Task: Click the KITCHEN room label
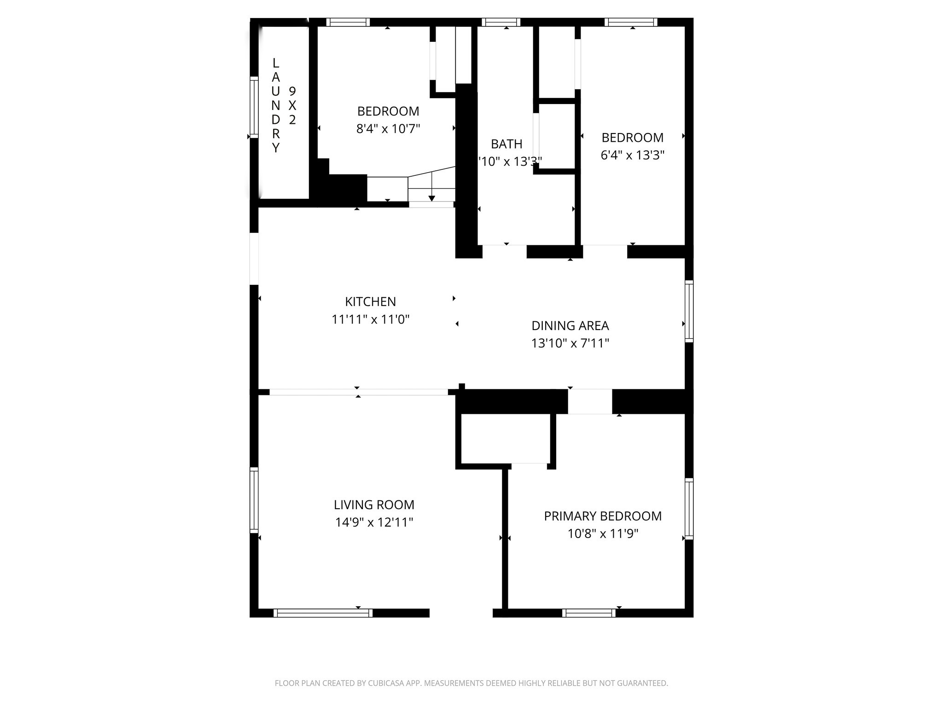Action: (370, 301)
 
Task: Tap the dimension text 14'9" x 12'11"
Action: (374, 522)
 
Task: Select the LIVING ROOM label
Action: (374, 504)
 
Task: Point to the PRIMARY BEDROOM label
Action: (603, 516)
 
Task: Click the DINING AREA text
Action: (570, 325)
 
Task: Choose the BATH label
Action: (506, 144)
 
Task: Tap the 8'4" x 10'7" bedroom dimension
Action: (388, 128)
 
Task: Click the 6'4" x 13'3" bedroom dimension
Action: (632, 155)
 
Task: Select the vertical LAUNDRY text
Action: (275, 105)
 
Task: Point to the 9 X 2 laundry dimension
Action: (292, 105)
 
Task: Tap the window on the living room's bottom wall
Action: (323, 613)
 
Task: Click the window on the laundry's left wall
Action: (254, 107)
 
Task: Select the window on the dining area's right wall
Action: (689, 311)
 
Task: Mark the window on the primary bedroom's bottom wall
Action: (588, 613)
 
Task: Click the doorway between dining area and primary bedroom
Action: (589, 401)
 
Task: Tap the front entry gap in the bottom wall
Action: (461, 613)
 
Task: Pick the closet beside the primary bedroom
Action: (505, 438)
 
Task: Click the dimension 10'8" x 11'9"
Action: (603, 533)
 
